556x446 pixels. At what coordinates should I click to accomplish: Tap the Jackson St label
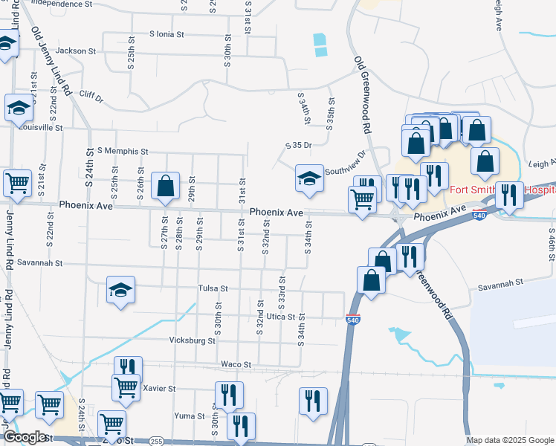pos(77,51)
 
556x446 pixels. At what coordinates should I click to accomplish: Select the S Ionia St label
pos(167,34)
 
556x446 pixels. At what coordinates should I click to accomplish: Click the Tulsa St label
pos(213,288)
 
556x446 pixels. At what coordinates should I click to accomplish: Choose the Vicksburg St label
pos(192,341)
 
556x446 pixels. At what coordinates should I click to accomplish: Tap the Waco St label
pos(236,365)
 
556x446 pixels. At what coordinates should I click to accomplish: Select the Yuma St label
pos(184,416)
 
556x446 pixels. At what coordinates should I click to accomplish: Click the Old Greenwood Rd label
pos(362,94)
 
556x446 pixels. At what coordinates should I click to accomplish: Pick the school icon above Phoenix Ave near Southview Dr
pos(310,178)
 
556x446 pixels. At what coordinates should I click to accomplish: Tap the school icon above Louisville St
pos(19,109)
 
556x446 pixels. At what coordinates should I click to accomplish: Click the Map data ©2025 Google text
pos(509,441)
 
